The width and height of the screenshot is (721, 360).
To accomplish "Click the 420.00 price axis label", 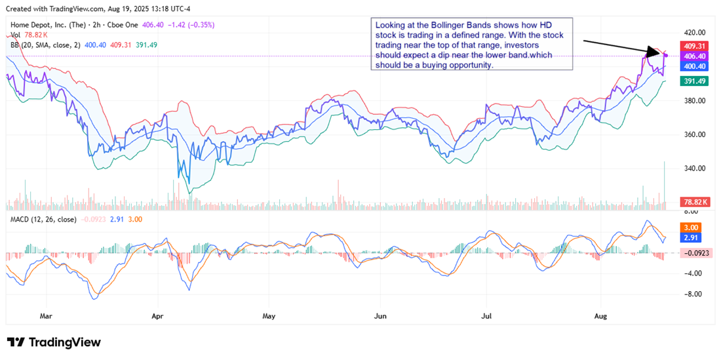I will tap(693, 32).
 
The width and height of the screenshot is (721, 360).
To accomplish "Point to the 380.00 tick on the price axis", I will tap(693, 100).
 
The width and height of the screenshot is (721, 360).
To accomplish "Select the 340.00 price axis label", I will tap(693, 169).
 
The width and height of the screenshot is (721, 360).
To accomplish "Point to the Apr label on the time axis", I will tap(157, 316).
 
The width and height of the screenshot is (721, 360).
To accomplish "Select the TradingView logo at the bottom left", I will tap(54, 342).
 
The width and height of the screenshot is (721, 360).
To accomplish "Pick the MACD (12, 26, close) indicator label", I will tap(43, 219).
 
